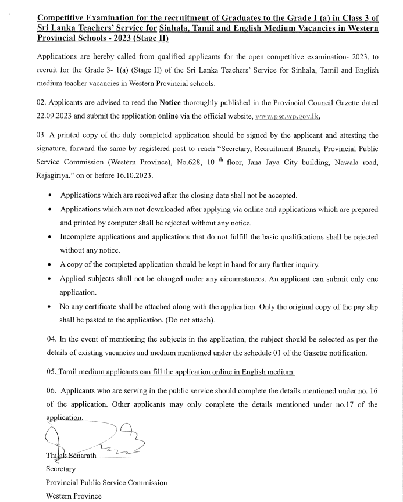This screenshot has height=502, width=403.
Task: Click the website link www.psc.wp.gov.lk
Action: (x=288, y=116)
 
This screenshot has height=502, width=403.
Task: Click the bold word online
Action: (x=169, y=116)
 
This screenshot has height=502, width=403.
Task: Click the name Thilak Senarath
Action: (x=71, y=456)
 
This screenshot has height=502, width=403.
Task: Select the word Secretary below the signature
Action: (x=60, y=469)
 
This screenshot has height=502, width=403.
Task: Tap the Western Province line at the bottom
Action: (x=73, y=496)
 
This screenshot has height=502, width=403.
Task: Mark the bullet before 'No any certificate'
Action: (x=52, y=306)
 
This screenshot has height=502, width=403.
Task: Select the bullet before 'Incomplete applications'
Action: (x=52, y=237)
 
